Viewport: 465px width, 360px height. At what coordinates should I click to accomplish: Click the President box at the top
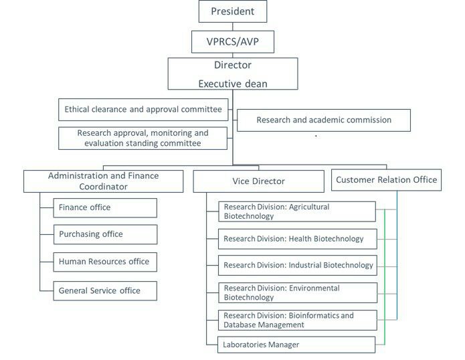(x=232, y=11)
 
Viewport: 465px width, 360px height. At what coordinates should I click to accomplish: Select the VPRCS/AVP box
(x=232, y=41)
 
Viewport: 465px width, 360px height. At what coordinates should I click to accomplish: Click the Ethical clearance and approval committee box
(x=143, y=109)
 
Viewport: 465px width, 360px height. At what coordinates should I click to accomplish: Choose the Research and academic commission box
(x=324, y=120)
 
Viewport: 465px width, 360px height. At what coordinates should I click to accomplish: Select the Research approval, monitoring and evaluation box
(x=143, y=138)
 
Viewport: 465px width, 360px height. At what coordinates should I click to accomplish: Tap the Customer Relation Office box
(x=386, y=179)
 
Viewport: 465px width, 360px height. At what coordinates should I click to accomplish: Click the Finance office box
(x=105, y=207)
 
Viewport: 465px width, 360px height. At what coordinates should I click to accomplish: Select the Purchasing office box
(x=105, y=234)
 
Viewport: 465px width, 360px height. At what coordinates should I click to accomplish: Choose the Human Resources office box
(x=105, y=262)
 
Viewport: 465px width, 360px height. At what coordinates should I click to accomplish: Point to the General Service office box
(x=105, y=290)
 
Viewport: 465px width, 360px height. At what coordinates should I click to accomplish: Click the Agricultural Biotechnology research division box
(x=296, y=211)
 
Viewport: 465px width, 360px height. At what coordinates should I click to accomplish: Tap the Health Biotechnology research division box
(x=296, y=238)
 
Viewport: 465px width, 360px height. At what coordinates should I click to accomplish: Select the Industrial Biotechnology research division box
(x=296, y=265)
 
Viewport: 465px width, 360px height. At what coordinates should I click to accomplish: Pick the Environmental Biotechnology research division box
(x=296, y=292)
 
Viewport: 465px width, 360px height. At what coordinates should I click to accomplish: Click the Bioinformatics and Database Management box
(x=296, y=320)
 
